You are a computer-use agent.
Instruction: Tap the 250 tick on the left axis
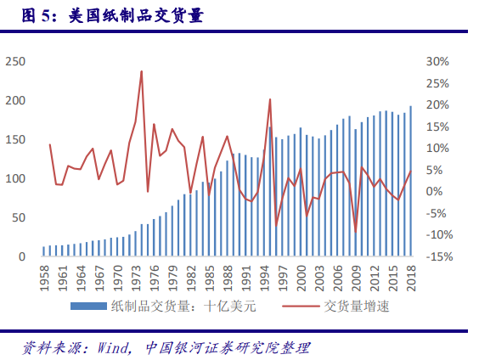coord(15,61)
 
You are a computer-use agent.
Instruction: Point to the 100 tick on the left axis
coord(15,179)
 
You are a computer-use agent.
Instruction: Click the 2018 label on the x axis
coord(411,276)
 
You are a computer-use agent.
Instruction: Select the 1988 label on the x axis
coord(228,276)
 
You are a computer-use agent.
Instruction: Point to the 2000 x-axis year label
coord(301,276)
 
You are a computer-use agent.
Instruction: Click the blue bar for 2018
coord(411,181)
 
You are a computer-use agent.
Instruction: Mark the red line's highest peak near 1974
coord(141,71)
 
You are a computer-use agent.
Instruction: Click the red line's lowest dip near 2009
coord(356,230)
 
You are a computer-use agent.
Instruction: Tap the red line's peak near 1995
coord(270,99)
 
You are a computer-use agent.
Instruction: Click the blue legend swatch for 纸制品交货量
coord(87,306)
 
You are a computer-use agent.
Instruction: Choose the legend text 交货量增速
coord(356,306)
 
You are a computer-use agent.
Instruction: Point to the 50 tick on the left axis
coord(18,218)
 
